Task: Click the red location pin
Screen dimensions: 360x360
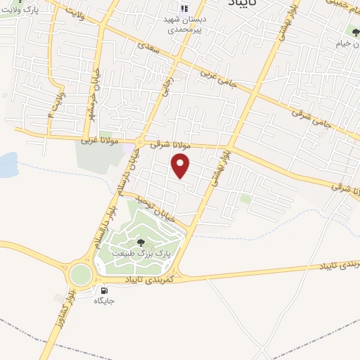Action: pyautogui.click(x=181, y=165)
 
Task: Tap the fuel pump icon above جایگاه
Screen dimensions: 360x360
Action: pyautogui.click(x=104, y=290)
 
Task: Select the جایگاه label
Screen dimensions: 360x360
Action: pyautogui.click(x=104, y=301)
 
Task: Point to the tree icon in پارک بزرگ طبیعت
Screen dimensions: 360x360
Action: pyautogui.click(x=141, y=243)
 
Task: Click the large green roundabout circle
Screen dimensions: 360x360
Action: pyautogui.click(x=80, y=274)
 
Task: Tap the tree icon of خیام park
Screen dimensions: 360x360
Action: pyautogui.click(x=352, y=30)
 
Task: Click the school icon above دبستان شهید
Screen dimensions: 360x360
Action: pyautogui.click(x=184, y=8)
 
